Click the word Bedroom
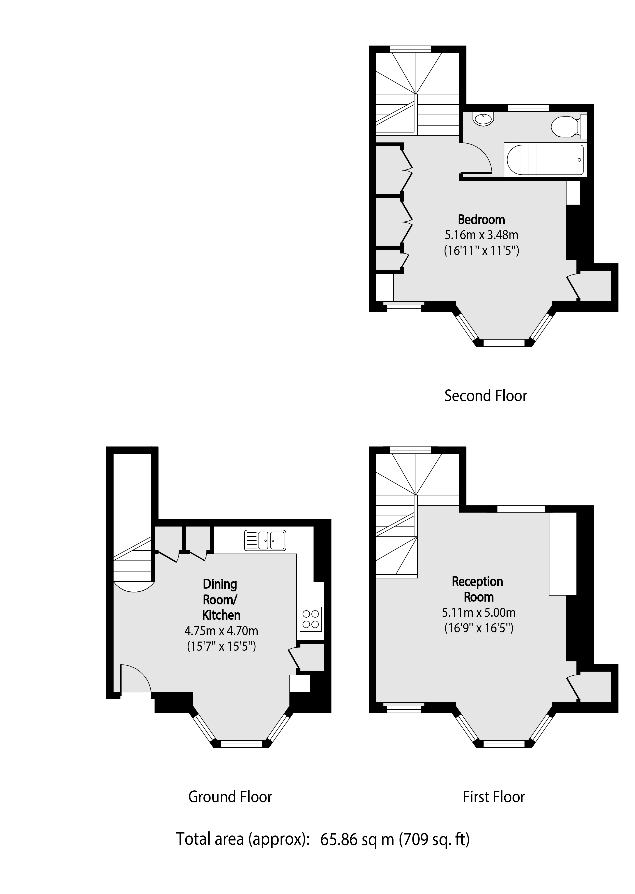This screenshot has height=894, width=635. coord(481,220)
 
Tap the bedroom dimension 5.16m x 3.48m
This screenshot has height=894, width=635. coord(481,235)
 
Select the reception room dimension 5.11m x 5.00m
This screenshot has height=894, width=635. coord(479,612)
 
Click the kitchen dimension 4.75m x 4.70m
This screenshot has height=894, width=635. coord(221,631)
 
